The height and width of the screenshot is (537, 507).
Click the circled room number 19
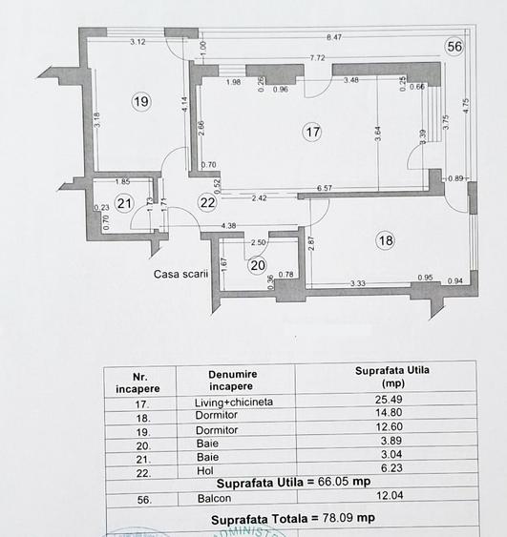click(x=141, y=101)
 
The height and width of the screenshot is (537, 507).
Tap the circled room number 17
click(x=312, y=133)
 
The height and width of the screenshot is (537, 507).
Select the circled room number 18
click(x=385, y=241)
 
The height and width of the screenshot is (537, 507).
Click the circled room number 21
click(x=123, y=202)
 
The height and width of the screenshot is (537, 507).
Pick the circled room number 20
click(x=257, y=265)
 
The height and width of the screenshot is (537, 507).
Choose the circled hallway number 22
click(x=208, y=201)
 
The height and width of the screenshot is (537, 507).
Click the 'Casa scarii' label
click(x=180, y=274)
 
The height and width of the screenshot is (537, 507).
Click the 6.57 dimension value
click(x=325, y=189)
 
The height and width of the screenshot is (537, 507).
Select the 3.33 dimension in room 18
click(x=359, y=282)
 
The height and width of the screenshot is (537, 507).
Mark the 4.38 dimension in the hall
click(x=228, y=226)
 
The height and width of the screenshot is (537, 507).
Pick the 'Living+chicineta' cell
click(x=227, y=402)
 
